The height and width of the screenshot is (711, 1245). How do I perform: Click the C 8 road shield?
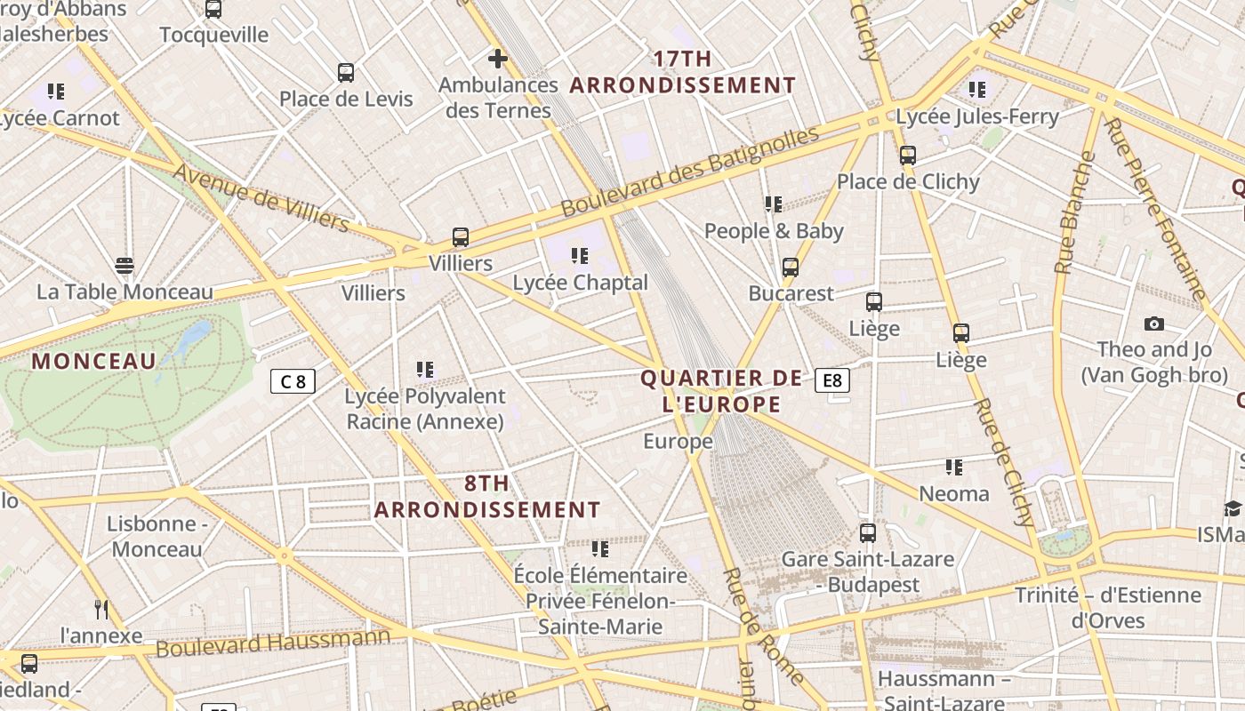click(293, 382)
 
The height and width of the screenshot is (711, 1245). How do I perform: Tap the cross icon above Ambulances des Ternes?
click(498, 60)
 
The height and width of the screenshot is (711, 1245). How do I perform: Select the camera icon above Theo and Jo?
click(1154, 324)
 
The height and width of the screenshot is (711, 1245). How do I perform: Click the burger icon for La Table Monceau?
click(124, 266)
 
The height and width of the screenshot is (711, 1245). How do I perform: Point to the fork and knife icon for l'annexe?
click(101, 610)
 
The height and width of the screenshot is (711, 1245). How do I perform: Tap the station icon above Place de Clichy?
click(907, 156)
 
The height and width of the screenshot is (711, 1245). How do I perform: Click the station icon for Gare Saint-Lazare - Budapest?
click(867, 533)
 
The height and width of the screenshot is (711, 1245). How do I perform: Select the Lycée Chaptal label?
click(581, 283)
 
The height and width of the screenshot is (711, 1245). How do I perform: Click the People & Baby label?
click(774, 231)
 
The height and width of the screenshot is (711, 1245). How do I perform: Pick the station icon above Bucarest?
click(790, 268)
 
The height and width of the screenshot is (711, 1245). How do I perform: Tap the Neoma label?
click(954, 493)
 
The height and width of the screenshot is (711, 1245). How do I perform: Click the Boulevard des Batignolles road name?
click(690, 172)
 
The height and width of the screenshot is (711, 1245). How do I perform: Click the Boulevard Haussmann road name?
click(273, 643)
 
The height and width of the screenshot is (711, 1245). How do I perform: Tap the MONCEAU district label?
click(93, 361)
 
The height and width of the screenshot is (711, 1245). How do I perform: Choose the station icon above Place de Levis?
click(346, 73)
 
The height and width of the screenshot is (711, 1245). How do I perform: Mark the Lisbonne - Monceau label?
click(157, 536)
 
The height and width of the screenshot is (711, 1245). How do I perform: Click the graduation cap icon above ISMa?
click(1233, 508)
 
